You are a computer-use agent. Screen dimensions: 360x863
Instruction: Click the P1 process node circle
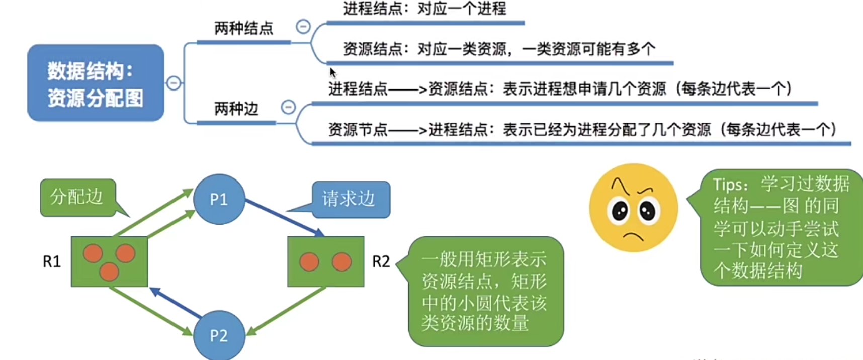click(x=219, y=199)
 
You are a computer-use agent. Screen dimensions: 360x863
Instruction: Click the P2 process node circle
click(x=219, y=335)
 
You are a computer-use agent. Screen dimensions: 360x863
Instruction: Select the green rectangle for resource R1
click(x=109, y=261)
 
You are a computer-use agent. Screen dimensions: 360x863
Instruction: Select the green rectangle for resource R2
click(x=325, y=261)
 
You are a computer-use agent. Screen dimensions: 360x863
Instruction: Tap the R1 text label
click(x=52, y=261)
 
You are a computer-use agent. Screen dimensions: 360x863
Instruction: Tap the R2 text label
click(x=381, y=261)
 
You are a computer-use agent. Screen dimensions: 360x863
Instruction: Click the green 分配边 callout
click(x=78, y=197)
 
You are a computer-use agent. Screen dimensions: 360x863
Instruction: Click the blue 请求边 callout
click(x=351, y=199)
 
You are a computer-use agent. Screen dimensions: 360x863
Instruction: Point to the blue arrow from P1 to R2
click(x=284, y=218)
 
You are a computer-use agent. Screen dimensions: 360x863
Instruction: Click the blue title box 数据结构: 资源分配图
click(x=96, y=83)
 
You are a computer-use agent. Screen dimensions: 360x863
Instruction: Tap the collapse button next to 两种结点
click(x=303, y=26)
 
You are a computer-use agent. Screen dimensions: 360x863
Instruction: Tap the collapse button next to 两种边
click(x=288, y=107)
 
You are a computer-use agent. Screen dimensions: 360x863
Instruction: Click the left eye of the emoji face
click(x=620, y=210)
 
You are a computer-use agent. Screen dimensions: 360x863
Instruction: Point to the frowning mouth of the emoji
click(x=633, y=236)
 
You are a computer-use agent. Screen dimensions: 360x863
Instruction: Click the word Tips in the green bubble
click(x=727, y=185)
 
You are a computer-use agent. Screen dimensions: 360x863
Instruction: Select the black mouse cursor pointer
click(x=332, y=72)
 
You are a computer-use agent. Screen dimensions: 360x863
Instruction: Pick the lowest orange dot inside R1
click(x=109, y=272)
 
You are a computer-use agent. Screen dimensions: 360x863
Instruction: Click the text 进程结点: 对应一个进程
click(x=424, y=9)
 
